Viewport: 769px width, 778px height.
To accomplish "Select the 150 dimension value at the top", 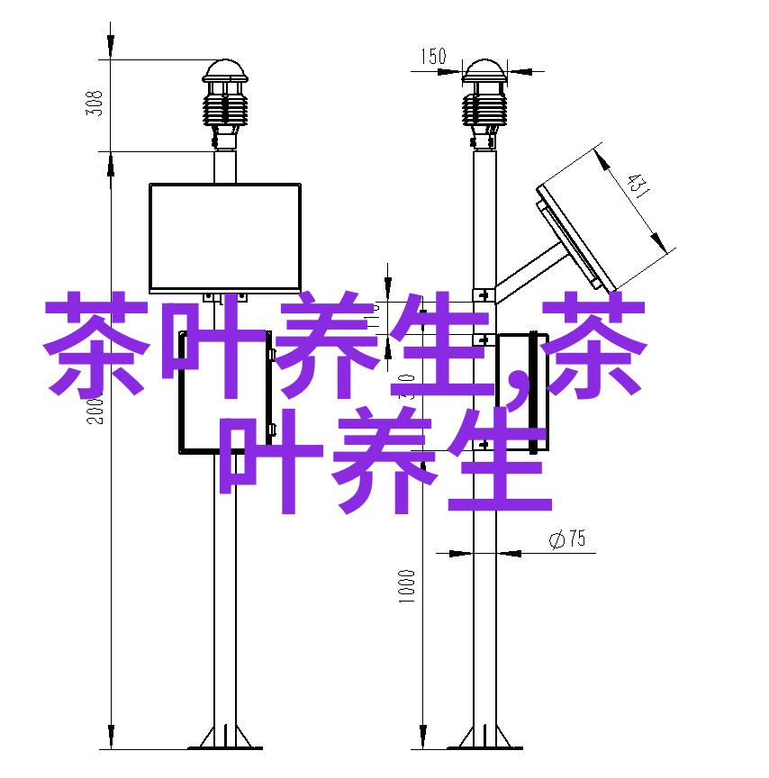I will click(x=431, y=57).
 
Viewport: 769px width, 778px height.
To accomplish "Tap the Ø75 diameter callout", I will click(x=566, y=539).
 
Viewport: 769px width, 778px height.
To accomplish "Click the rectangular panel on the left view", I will click(x=224, y=236).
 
